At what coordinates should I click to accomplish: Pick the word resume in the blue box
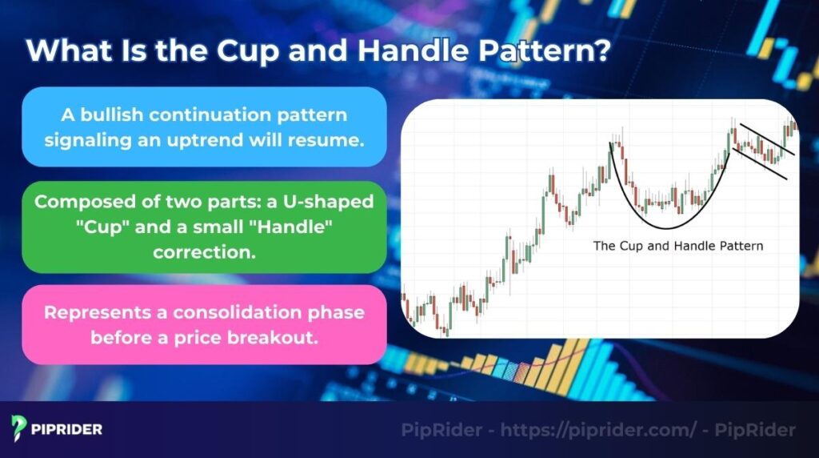click(333, 139)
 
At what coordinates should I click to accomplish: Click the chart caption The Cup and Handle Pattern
click(677, 246)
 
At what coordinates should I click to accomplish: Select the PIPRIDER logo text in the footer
click(68, 430)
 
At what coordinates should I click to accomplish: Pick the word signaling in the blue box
click(82, 139)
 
